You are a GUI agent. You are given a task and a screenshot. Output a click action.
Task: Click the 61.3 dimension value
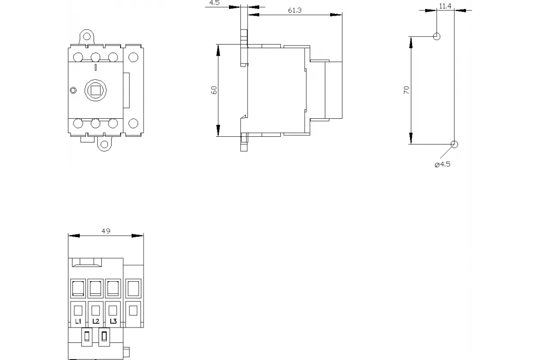tap(295, 10)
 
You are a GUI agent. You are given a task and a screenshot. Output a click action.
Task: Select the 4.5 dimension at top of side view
tap(214, 3)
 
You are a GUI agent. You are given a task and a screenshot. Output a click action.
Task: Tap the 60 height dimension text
tap(214, 90)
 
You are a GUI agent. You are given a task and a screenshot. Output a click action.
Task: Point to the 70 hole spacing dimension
tap(406, 90)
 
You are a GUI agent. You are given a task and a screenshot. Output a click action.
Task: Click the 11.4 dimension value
tap(445, 6)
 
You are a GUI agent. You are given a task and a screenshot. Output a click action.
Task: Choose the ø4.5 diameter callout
tap(442, 164)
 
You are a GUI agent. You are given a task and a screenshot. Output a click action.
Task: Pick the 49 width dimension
tap(106, 231)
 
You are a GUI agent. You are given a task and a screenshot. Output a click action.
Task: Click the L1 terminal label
tap(78, 321)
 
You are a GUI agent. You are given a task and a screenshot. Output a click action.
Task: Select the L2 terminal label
tap(96, 321)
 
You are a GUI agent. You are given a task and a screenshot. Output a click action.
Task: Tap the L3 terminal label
tap(113, 321)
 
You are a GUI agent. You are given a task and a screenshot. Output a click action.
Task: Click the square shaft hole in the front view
tap(96, 90)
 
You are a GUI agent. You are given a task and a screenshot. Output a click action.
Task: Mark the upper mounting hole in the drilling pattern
tap(436, 36)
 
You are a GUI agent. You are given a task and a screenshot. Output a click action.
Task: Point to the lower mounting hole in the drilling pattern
tap(454, 144)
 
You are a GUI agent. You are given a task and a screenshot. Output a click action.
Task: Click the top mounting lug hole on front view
tap(86, 36)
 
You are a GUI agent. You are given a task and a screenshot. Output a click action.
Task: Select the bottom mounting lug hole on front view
tap(104, 144)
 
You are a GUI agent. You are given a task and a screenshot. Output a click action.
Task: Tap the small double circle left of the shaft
tap(73, 90)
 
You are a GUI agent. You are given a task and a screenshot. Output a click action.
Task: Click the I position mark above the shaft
tap(96, 67)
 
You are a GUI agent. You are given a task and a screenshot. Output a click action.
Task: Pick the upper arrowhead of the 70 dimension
tap(411, 42)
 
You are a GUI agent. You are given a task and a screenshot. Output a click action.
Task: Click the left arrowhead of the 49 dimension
tap(74, 236)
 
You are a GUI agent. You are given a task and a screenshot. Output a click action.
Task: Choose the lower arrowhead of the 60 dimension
tap(218, 130)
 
